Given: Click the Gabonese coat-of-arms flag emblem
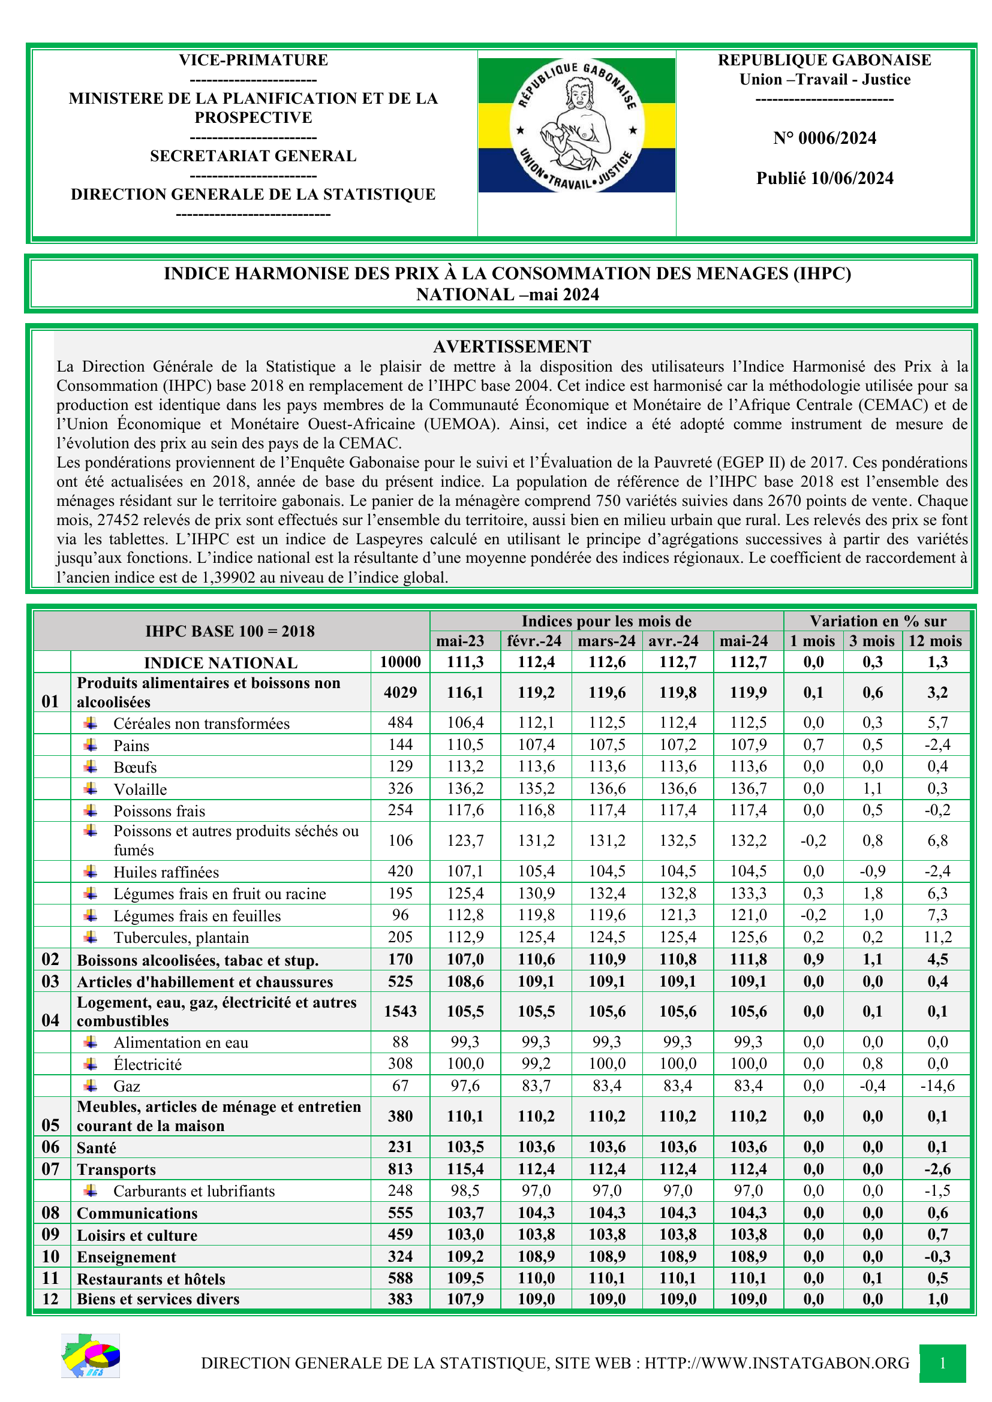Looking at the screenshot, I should click(x=576, y=125).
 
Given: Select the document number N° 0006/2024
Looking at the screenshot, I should click(x=824, y=138).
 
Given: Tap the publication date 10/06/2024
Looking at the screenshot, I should click(x=852, y=178).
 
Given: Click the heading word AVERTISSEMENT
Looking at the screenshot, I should click(x=512, y=346).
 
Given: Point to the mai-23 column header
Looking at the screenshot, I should click(x=460, y=641).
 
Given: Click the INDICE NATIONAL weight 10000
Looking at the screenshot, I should click(x=400, y=662).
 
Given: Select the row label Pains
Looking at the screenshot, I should click(x=131, y=746).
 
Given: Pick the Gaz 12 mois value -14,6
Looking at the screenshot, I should click(x=937, y=1086).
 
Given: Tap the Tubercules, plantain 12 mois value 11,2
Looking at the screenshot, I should click(x=937, y=937).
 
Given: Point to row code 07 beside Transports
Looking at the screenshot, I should click(x=51, y=1169).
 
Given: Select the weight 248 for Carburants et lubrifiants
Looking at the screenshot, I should click(x=400, y=1191).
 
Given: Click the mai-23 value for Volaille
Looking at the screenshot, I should click(x=465, y=789).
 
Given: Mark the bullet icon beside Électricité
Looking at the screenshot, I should click(x=91, y=1065).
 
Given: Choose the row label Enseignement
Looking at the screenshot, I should click(x=127, y=1258).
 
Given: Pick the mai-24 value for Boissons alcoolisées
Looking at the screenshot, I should click(x=748, y=959).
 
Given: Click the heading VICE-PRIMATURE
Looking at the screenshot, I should click(x=253, y=60).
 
